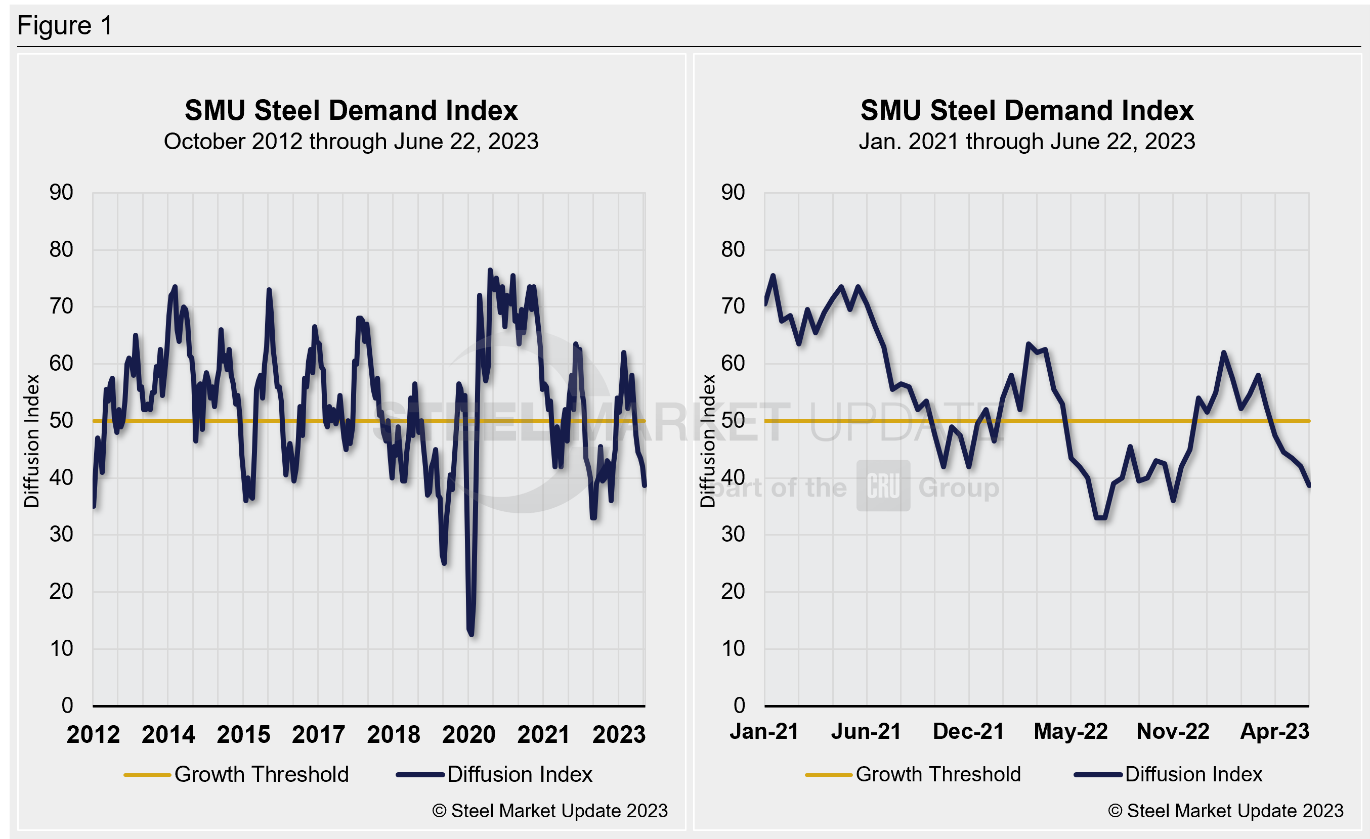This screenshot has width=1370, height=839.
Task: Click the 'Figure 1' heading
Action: tap(65, 26)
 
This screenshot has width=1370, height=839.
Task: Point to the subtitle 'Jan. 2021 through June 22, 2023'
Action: tap(1026, 142)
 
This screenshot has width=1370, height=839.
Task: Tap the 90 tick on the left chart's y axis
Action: tap(61, 193)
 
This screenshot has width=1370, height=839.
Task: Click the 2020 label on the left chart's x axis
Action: tap(468, 734)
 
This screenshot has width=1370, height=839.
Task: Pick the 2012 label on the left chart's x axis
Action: tap(94, 734)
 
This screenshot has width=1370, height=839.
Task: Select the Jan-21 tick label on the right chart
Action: tap(764, 732)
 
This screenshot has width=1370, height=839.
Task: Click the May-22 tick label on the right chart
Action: tap(1071, 732)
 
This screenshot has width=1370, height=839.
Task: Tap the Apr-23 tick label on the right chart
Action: tap(1274, 732)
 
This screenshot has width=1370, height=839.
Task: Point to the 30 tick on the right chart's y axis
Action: tap(733, 535)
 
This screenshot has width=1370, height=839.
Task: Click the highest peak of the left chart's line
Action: tap(490, 271)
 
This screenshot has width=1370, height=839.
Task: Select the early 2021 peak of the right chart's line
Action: tap(773, 276)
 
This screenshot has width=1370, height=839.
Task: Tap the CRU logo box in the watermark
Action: tap(883, 485)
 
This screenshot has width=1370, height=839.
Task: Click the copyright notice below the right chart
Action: tap(1225, 811)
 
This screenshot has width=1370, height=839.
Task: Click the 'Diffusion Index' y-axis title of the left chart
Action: tap(32, 440)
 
